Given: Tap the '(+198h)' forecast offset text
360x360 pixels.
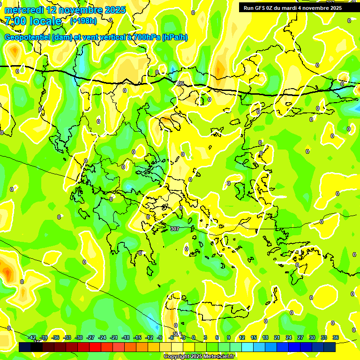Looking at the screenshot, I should point(83,21).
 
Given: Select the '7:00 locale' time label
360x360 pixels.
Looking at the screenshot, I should point(33,21).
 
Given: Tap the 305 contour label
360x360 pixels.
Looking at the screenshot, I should point(180,83).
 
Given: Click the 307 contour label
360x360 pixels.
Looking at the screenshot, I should point(174,229).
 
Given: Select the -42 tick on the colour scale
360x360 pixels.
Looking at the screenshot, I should point(32,337).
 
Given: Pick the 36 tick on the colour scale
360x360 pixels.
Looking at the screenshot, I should point(336,337).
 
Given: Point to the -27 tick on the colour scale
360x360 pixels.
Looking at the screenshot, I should point(90,337).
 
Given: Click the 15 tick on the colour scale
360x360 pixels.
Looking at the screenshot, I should point(254,337).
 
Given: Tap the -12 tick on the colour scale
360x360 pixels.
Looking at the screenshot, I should point(149,337).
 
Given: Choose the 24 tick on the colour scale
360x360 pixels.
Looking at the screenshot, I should point(289,337).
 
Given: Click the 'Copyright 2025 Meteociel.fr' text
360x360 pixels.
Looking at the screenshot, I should point(199,357).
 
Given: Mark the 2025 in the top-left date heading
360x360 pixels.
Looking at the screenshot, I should point(115,10).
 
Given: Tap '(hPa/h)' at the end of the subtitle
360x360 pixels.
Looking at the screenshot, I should point(174,37).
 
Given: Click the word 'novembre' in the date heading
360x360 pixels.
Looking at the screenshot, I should point(79,10).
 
